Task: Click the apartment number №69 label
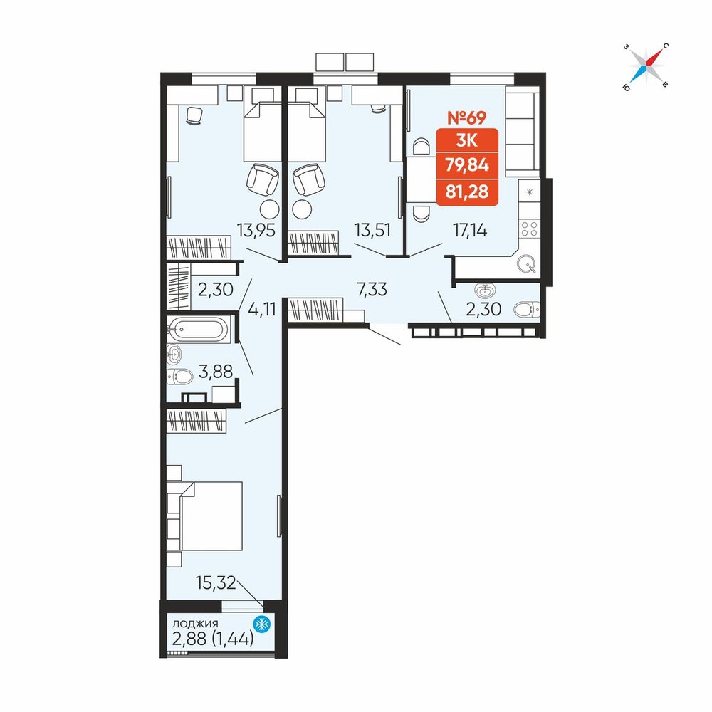(x=467, y=117)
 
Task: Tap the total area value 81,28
(x=467, y=191)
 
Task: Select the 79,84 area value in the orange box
(x=467, y=165)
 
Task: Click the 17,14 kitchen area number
(x=470, y=231)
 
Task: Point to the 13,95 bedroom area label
(x=256, y=231)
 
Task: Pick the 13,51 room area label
(x=372, y=231)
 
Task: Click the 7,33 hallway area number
(x=372, y=289)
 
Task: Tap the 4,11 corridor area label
(x=262, y=309)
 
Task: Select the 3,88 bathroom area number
(x=216, y=372)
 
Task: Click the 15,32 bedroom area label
(x=216, y=582)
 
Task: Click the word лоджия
(x=195, y=623)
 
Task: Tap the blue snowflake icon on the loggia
(x=261, y=624)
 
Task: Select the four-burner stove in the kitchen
(x=530, y=229)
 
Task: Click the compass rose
(x=646, y=66)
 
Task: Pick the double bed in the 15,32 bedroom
(x=211, y=515)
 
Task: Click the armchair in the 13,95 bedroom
(x=262, y=179)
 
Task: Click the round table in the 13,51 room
(x=303, y=209)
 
